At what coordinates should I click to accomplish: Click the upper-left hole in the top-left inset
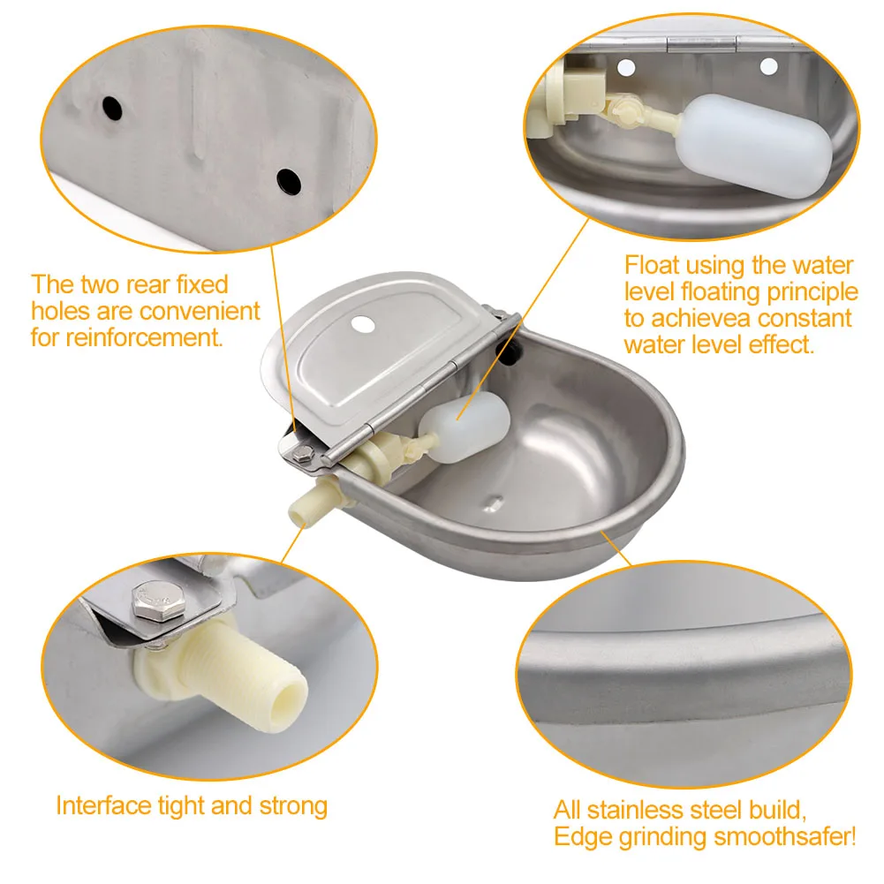111,108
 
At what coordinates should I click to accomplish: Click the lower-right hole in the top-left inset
288,181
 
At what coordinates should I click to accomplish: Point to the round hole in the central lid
362,324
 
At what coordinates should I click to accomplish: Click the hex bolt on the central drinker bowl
303,454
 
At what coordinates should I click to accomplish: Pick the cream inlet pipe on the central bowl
309,503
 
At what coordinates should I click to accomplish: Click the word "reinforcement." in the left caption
127,337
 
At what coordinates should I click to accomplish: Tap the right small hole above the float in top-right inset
768,64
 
